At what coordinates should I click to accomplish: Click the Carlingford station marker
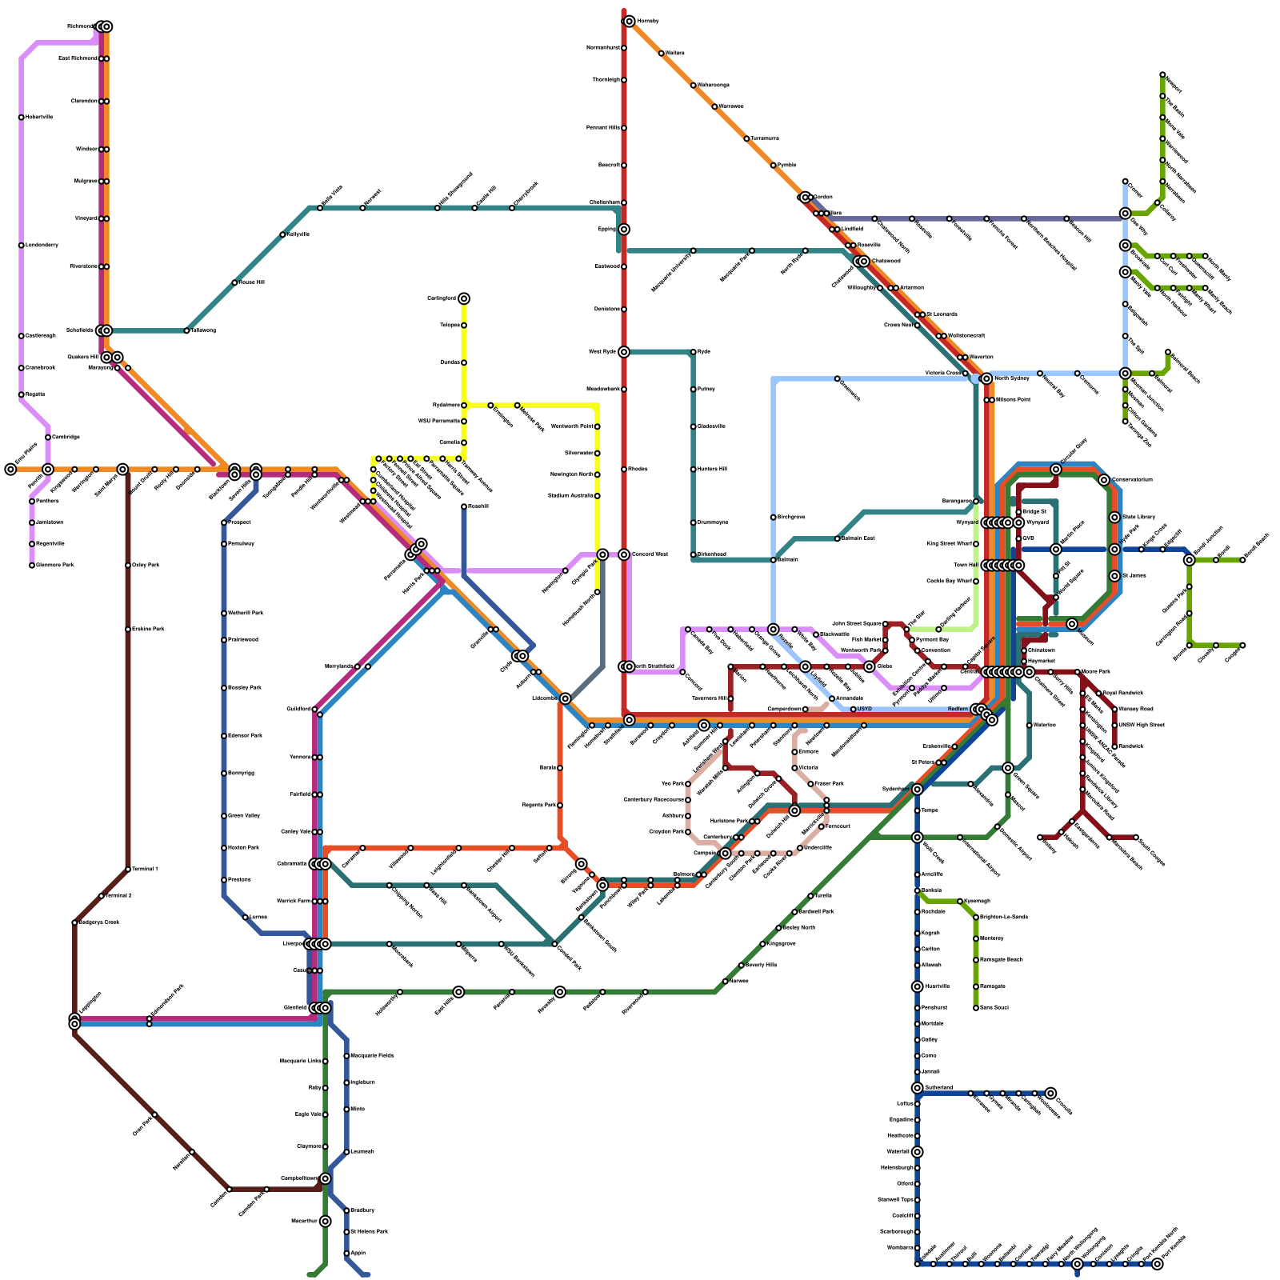[464, 298]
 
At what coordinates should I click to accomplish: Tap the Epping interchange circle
[624, 230]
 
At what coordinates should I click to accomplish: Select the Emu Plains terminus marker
[10, 470]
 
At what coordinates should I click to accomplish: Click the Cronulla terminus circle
[1050, 1093]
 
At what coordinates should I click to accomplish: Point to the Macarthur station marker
[325, 1222]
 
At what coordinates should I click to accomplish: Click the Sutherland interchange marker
[918, 1088]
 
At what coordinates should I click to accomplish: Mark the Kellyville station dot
[282, 234]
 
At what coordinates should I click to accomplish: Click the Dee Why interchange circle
[1126, 214]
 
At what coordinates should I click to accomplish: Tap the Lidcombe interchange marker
[566, 698]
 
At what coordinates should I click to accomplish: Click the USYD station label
[864, 709]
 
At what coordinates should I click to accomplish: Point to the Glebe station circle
[870, 666]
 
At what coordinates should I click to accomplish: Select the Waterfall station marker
[918, 1152]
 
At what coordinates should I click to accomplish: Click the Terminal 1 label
[144, 869]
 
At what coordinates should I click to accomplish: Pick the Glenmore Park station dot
[32, 566]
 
